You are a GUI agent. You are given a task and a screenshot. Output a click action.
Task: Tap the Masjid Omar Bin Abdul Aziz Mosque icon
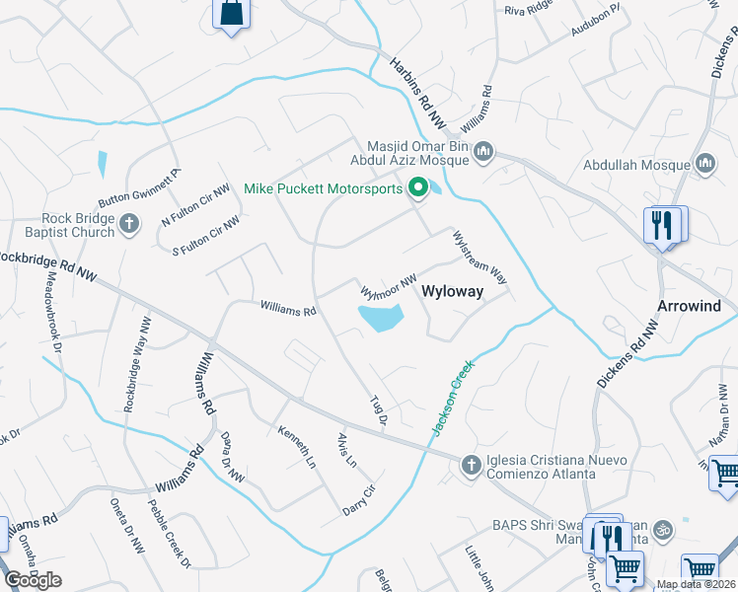click(482, 151)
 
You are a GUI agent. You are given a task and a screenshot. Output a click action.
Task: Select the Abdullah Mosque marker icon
click(704, 162)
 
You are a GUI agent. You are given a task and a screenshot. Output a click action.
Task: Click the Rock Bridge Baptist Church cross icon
click(128, 225)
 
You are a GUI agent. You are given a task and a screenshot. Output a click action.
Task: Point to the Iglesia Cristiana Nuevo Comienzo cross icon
click(471, 464)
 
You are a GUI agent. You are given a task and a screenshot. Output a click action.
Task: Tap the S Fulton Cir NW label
click(205, 235)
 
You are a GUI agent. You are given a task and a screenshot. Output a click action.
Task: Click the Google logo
click(34, 579)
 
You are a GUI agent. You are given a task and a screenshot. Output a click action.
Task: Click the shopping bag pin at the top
click(231, 14)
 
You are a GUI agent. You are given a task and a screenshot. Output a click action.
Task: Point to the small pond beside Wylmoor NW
click(380, 318)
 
